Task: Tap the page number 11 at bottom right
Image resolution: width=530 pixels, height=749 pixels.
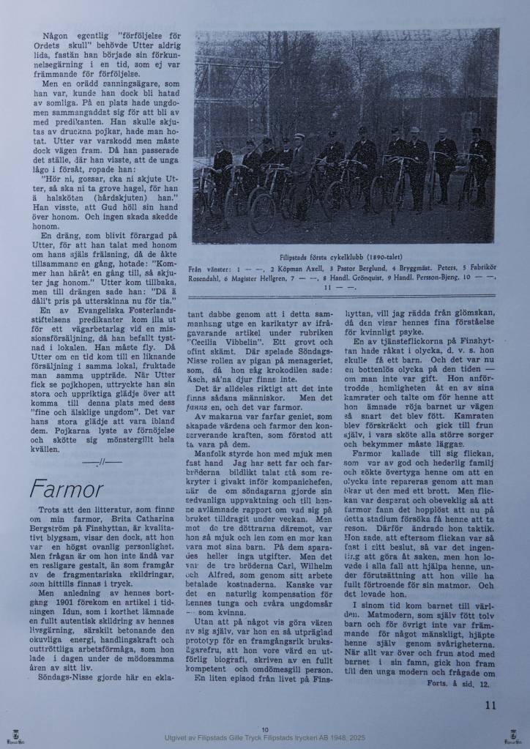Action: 490,705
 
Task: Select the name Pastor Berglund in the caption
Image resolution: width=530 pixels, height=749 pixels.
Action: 326,269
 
